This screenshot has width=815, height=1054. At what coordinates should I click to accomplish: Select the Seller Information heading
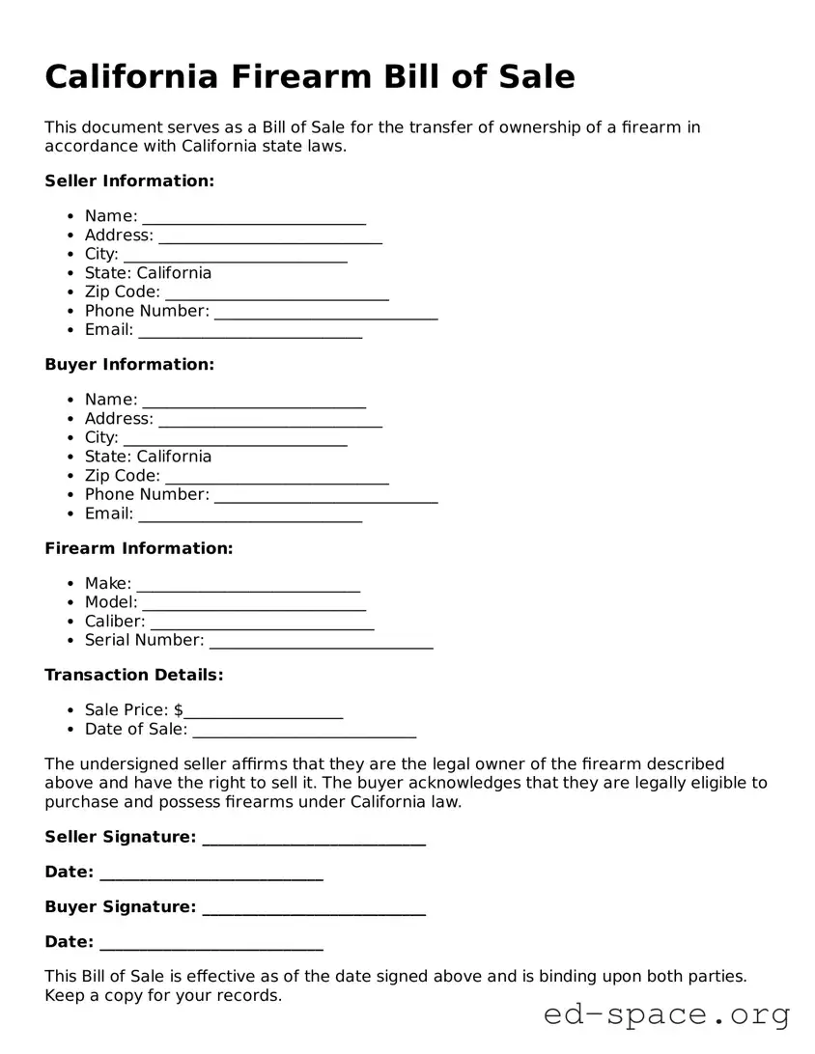(129, 181)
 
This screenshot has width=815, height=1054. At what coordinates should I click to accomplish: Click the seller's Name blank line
(254, 217)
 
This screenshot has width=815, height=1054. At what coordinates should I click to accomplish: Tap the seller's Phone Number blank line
(325, 312)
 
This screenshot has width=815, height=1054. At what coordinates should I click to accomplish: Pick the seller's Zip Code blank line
(277, 292)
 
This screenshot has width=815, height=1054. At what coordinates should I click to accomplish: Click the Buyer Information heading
(129, 365)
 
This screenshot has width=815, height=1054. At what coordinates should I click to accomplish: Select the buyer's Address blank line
(269, 420)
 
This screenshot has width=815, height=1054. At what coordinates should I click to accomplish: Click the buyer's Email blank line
(250, 514)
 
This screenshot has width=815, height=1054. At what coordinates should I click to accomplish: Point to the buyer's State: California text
(148, 457)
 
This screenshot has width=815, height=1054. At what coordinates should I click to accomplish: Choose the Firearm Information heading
(139, 548)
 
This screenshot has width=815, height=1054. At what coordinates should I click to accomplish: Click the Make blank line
(248, 584)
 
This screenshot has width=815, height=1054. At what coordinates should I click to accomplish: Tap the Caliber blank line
(262, 623)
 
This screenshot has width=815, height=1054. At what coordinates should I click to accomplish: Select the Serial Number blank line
(321, 641)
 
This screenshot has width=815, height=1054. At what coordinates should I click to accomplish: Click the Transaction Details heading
(134, 675)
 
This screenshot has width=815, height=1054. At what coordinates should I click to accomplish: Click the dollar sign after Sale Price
(179, 710)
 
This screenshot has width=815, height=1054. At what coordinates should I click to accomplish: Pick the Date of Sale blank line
(304, 730)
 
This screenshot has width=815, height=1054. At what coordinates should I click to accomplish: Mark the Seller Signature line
(314, 838)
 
